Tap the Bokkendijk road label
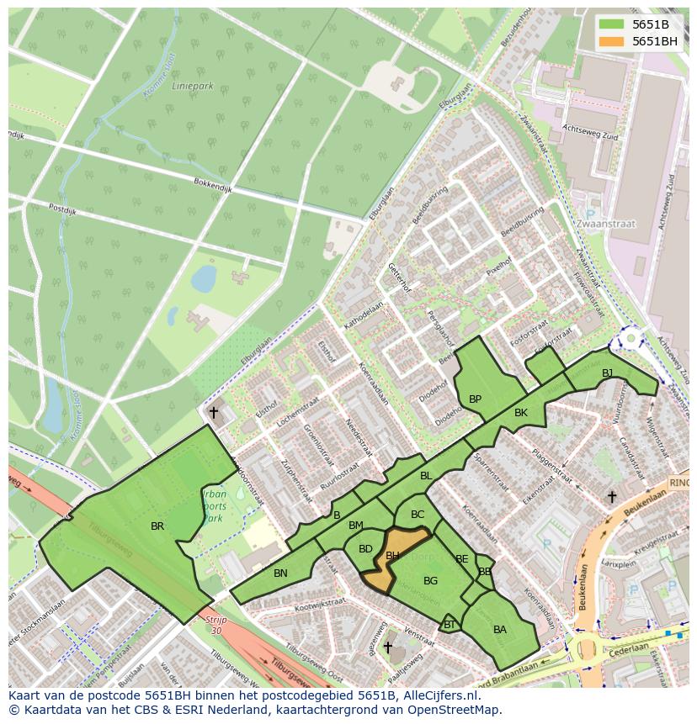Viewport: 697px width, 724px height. coord(212,185)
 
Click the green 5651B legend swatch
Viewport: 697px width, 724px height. coord(613,24)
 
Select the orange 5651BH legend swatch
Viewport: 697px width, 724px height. coord(613,41)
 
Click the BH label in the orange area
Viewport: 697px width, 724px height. coord(392,556)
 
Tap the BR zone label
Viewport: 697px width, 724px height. coord(157,526)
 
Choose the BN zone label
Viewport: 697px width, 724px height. coord(280,573)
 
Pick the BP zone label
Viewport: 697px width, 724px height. coord(475,399)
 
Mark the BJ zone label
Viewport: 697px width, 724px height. coord(607,373)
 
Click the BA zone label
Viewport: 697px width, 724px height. coord(500,630)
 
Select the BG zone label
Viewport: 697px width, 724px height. coord(430,581)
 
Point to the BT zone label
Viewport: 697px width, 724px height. coord(450,624)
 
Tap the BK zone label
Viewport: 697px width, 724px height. coord(520,413)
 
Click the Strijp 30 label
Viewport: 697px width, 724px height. coord(215,625)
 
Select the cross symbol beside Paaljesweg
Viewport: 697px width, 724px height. coord(387,647)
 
